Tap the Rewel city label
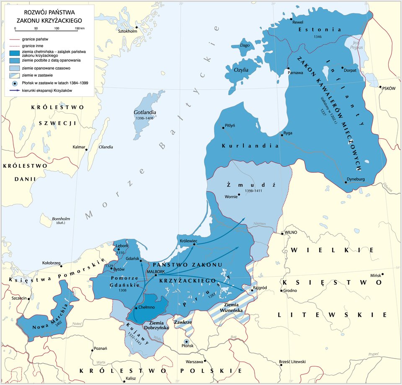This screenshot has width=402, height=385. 298,22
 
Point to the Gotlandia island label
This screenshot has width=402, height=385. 145,112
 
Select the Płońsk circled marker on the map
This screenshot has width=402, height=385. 187,342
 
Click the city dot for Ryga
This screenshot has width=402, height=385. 281,135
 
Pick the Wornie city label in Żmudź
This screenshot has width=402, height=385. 231,196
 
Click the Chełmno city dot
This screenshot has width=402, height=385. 136,308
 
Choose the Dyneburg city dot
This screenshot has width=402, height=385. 346,182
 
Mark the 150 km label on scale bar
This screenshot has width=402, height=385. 79,28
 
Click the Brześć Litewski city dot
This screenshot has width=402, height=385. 281,365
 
